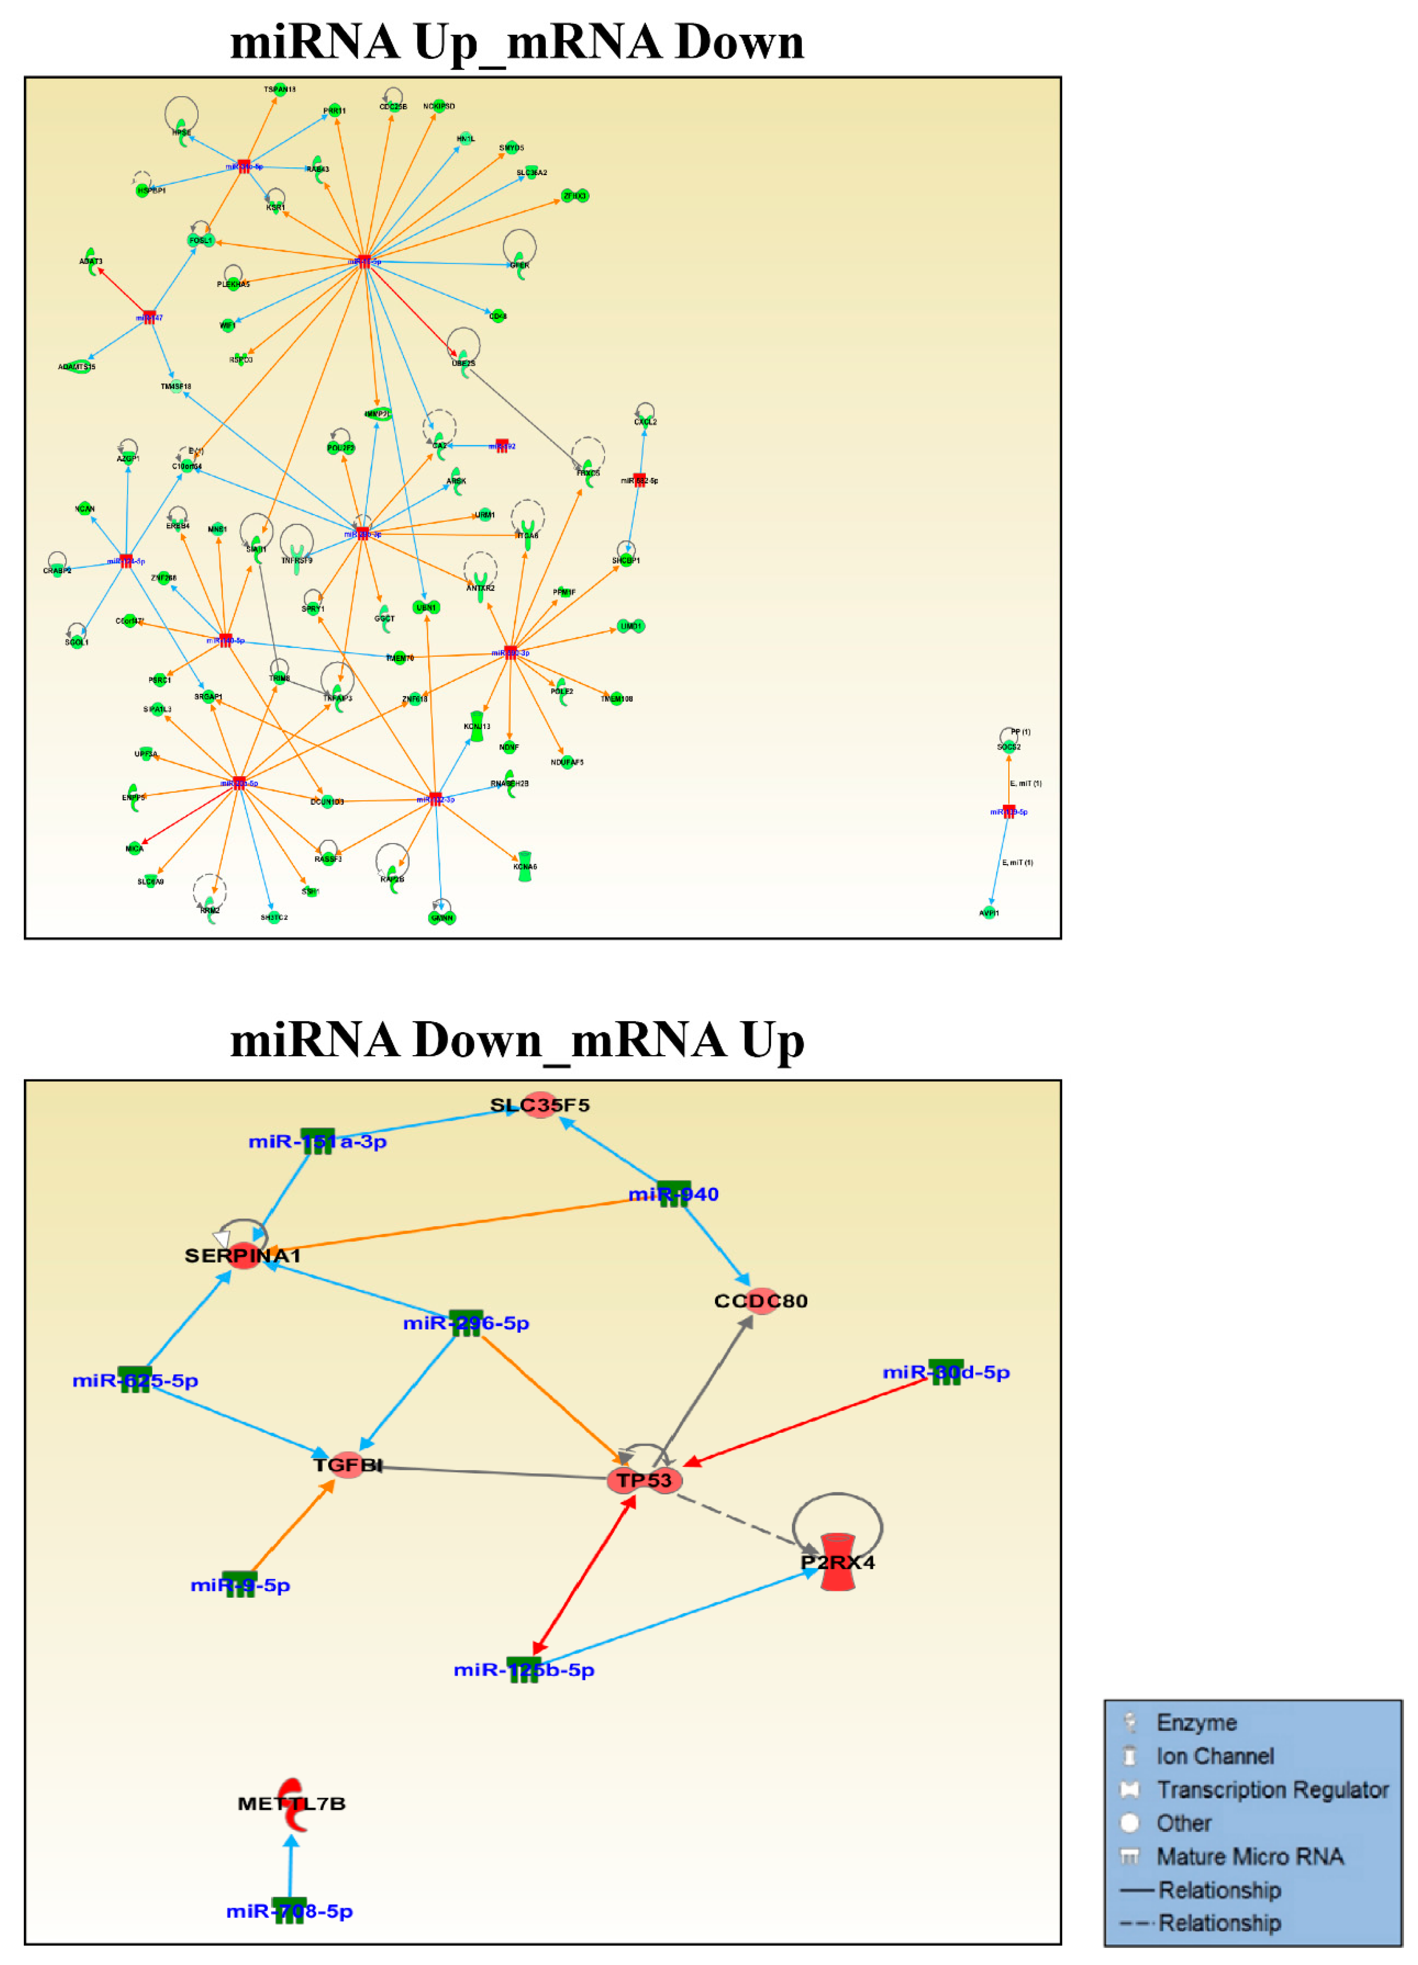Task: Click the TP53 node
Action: point(644,1480)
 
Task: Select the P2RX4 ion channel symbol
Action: point(837,1561)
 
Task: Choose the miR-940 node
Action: point(674,1193)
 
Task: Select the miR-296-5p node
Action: point(466,1322)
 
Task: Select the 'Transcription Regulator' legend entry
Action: point(1271,1789)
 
